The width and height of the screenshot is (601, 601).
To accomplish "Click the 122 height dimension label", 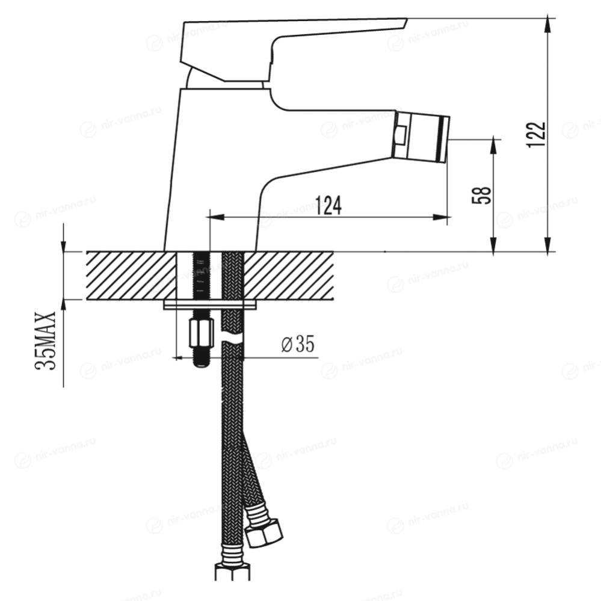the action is [x=536, y=135].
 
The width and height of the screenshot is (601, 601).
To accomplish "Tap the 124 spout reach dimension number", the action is [x=328, y=205].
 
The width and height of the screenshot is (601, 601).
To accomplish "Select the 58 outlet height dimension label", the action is [x=481, y=195].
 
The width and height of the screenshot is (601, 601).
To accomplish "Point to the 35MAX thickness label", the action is [x=46, y=340].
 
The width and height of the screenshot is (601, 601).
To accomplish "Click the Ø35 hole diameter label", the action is [x=298, y=344].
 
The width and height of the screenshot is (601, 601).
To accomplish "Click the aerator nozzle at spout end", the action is [x=420, y=137].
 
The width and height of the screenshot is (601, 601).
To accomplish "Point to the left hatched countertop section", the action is [x=132, y=276].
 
